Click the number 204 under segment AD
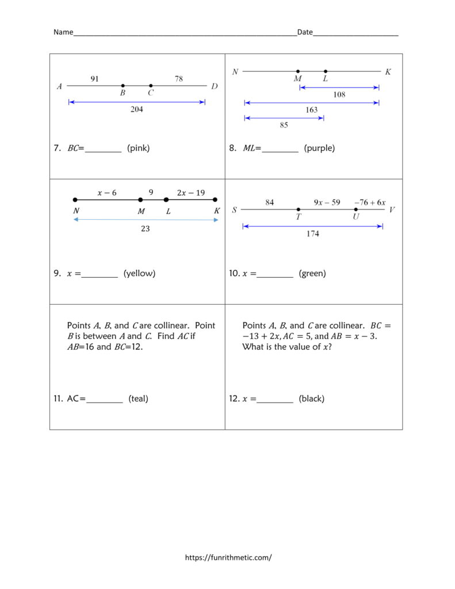pos(136,109)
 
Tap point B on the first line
pos(123,86)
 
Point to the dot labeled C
pos(151,86)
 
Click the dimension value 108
pos(339,95)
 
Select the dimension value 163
pos(311,109)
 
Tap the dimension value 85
pos(284,125)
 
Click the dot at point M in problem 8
pos(298,72)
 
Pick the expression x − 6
pos(107,193)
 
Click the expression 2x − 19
pos(192,193)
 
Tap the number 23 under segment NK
pos(146,228)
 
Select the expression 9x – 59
pos(327,202)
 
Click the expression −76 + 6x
pos(370,202)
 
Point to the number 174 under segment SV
pos(313,234)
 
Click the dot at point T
pos(298,209)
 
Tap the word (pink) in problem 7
pos(139,148)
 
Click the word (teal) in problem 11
pos(139,399)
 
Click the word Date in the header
pos(305,32)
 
